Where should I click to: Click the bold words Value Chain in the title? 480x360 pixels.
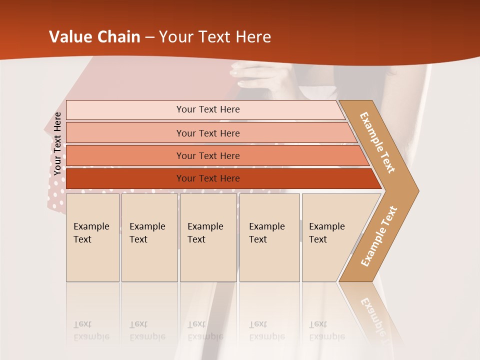point(94,37)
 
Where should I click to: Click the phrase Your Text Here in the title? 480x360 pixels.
point(215,37)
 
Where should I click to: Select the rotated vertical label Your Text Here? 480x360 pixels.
point(57,144)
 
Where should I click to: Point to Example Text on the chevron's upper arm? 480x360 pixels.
point(377,142)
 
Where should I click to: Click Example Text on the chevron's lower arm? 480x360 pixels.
point(379,236)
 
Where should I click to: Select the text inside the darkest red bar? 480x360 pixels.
point(208,178)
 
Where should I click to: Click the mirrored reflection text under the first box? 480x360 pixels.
point(91,330)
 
